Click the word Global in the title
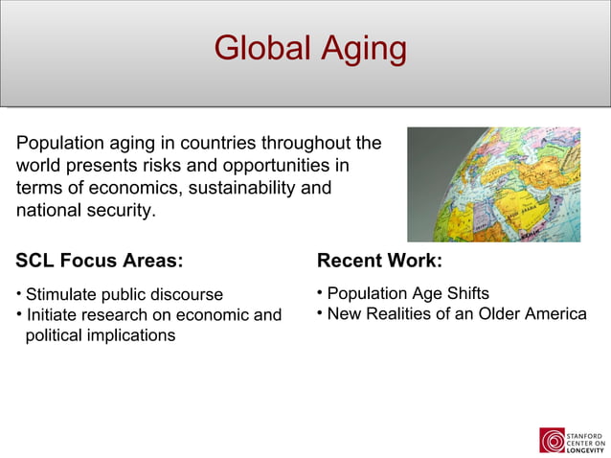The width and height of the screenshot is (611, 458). pyautogui.click(x=257, y=48)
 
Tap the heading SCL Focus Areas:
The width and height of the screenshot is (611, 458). pyautogui.click(x=99, y=261)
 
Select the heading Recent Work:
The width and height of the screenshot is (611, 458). pyautogui.click(x=379, y=261)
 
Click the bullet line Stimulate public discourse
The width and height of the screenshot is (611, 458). pyautogui.click(x=124, y=294)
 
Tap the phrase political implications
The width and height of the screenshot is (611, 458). pyautogui.click(x=100, y=335)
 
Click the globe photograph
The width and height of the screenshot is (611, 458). pyautogui.click(x=493, y=184)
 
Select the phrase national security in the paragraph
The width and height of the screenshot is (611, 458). pyautogui.click(x=84, y=210)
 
